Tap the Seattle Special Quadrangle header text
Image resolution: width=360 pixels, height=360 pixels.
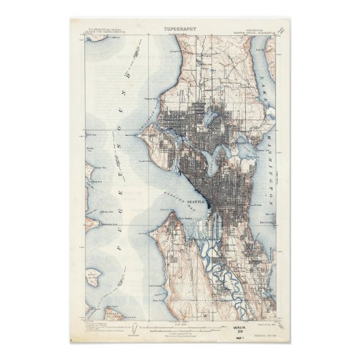pyautogui.click(x=255, y=31)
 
